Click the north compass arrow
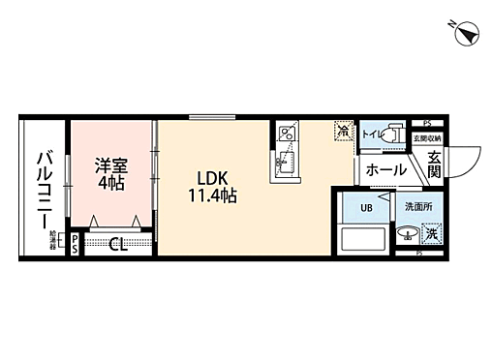(467, 33)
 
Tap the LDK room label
(213, 178)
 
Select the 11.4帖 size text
(214, 195)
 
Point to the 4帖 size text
(109, 182)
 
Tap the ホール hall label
(385, 170)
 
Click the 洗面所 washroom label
(417, 206)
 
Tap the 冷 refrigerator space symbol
(342, 128)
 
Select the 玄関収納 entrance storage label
(426, 138)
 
